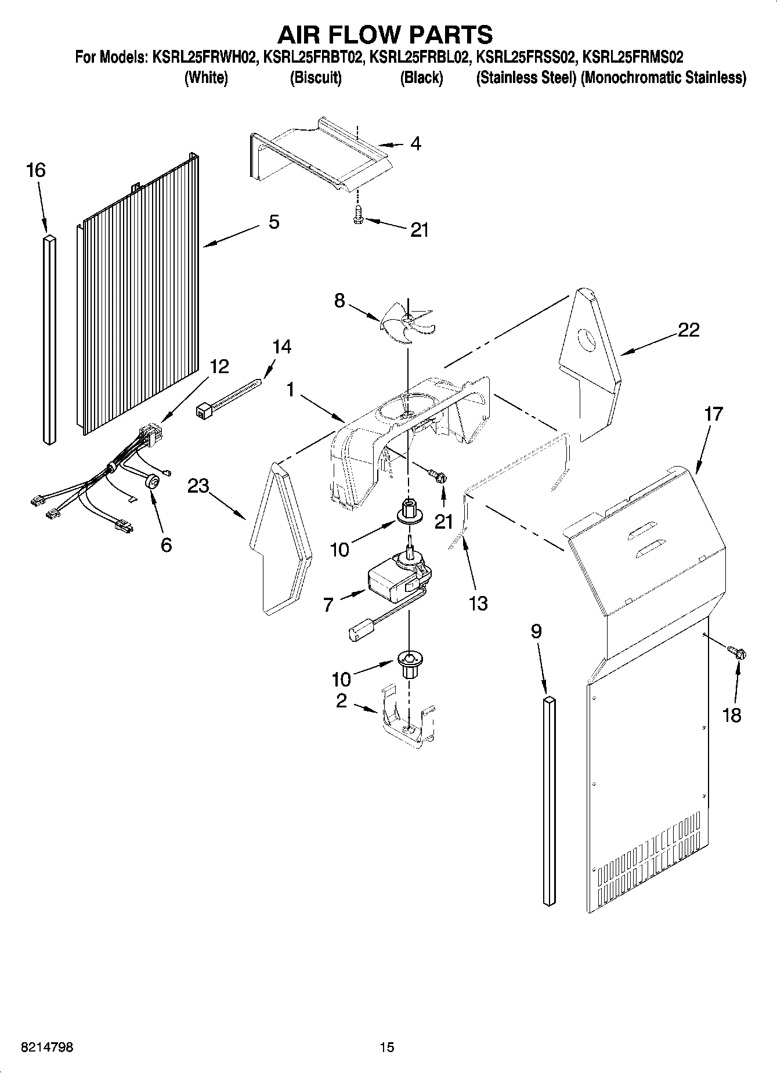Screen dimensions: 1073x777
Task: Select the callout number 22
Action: pyautogui.click(x=688, y=330)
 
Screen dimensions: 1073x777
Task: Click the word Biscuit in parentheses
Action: pyautogui.click(x=315, y=78)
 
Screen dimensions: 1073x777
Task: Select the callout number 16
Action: pyautogui.click(x=35, y=170)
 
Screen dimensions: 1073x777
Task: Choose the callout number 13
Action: pyautogui.click(x=478, y=604)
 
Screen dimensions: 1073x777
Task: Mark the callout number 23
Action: pyautogui.click(x=198, y=485)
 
